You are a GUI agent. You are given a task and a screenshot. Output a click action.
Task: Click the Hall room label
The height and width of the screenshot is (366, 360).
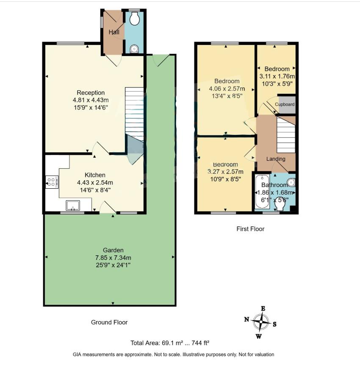[x=114, y=32]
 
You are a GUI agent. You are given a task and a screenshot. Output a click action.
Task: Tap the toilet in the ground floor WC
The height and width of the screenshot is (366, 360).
[x=135, y=19]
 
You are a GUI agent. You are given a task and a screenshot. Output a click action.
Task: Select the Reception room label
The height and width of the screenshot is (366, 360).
[x=91, y=93]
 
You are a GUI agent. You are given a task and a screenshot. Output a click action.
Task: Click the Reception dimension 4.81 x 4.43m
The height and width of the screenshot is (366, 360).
[x=91, y=100]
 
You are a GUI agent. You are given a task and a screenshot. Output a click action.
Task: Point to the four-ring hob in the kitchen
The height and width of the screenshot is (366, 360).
[x=52, y=182]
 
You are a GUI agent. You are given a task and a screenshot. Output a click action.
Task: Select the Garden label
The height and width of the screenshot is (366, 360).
[x=113, y=250]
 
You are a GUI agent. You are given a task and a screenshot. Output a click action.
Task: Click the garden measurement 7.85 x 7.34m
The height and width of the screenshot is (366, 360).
[x=113, y=257]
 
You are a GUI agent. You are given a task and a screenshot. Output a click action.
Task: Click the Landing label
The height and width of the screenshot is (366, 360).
[x=275, y=159]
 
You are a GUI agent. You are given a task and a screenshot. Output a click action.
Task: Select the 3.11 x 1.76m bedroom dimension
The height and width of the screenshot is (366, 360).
[x=277, y=76]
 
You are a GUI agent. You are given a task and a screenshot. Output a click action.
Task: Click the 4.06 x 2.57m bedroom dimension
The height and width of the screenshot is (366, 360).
[x=227, y=89]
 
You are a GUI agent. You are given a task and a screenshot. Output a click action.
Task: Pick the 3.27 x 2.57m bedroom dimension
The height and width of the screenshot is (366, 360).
[x=225, y=172]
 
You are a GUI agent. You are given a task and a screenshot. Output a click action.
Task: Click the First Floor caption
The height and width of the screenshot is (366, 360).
[x=250, y=229]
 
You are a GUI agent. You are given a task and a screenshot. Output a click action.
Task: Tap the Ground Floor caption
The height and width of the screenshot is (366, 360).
[x=109, y=322]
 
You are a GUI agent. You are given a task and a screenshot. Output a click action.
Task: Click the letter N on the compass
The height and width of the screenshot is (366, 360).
[x=246, y=319]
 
